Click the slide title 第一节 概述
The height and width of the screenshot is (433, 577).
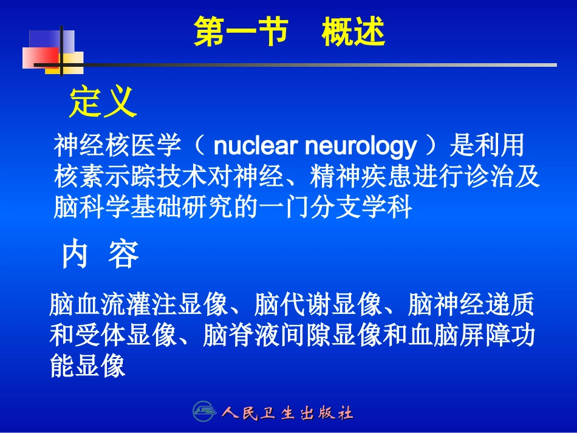pos(289,32)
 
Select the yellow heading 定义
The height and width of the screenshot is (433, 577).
pos(102,101)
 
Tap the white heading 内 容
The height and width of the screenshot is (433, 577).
pos(100,256)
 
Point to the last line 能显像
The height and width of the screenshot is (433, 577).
pos(87,366)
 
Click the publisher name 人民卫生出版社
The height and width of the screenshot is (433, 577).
pos(287,414)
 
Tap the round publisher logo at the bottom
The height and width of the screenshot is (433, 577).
pos(204,412)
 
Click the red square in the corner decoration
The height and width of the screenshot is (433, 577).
pos(38,58)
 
